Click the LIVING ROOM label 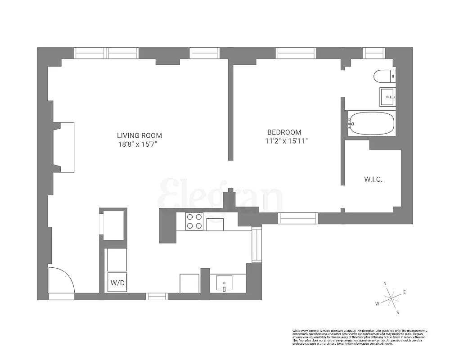139,135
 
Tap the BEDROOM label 284,132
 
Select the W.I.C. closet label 373,180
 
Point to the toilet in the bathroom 384,76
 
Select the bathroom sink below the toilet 387,96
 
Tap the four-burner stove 194,221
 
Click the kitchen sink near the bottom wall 225,283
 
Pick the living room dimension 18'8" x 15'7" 139,144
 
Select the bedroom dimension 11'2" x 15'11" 286,141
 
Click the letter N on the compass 385,283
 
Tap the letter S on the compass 397,312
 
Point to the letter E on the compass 404,292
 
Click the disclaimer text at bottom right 360,336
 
